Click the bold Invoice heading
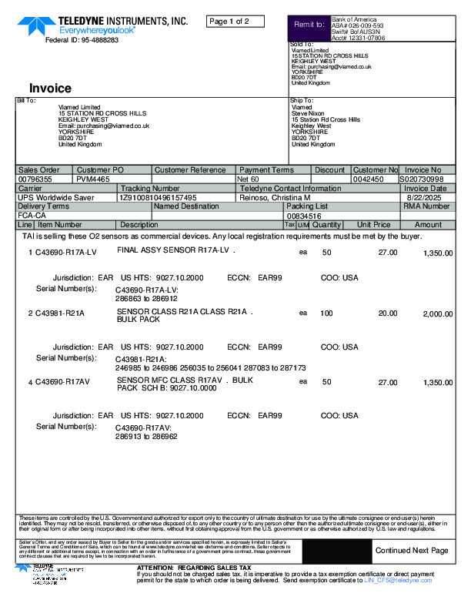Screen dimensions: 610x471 pos(50,89)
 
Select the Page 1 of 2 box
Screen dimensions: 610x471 pos(235,21)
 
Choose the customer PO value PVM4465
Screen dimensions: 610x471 pos(92,179)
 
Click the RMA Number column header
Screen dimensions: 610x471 pos(426,206)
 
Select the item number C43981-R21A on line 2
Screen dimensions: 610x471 pos(59,313)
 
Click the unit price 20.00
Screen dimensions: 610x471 pos(387,313)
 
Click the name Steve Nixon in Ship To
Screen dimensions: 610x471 pos(308,113)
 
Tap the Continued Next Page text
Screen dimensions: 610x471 pos(411,551)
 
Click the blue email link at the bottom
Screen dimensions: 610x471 pos(398,580)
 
